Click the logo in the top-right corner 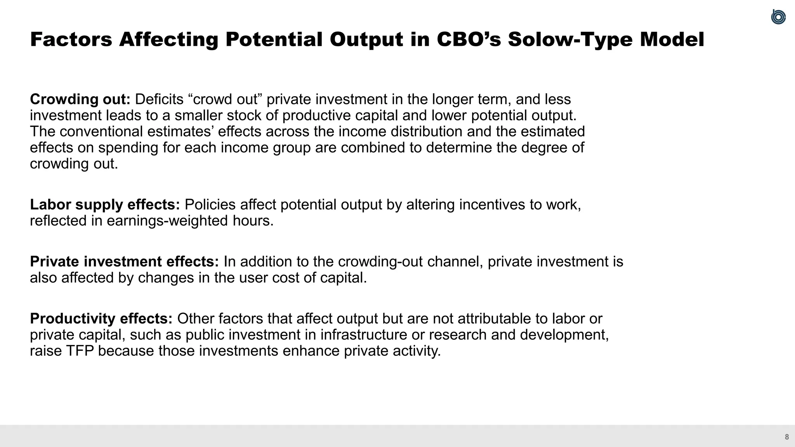(x=778, y=17)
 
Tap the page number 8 (x=787, y=437)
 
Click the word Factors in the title (x=71, y=40)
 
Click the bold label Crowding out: (x=80, y=99)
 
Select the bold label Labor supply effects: (x=105, y=204)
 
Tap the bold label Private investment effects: (x=125, y=262)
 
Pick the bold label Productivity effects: (x=101, y=319)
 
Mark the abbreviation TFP (x=80, y=351)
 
